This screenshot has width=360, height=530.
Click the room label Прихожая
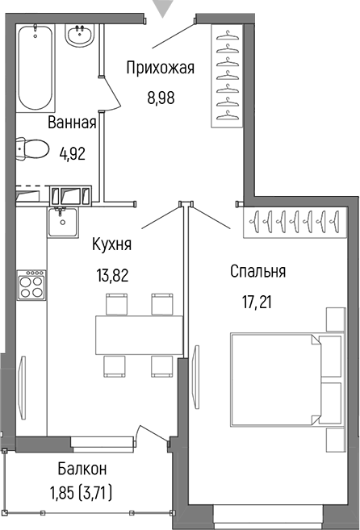161,68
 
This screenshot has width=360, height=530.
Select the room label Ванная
72,123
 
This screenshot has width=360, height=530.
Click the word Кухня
112,244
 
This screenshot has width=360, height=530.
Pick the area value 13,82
112,274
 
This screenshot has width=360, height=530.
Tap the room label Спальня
258,272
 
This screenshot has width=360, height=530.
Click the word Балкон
82,469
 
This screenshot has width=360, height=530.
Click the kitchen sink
60,221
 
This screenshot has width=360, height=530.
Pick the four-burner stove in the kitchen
31,285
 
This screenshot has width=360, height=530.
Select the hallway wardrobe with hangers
227,75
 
